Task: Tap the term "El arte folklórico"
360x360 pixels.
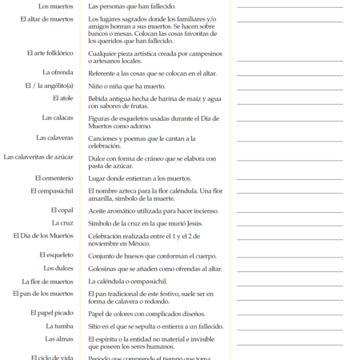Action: click(50, 53)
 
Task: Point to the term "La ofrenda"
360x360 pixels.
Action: click(58, 73)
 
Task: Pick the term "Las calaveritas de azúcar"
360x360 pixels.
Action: click(38, 157)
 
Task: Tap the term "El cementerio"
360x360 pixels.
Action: click(54, 178)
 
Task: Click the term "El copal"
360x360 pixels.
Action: click(62, 210)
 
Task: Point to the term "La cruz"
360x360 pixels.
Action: click(63, 222)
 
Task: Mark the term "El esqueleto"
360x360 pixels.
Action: click(56, 254)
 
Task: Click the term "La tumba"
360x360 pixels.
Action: click(60, 326)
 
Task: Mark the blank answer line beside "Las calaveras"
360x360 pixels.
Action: click(290, 142)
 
